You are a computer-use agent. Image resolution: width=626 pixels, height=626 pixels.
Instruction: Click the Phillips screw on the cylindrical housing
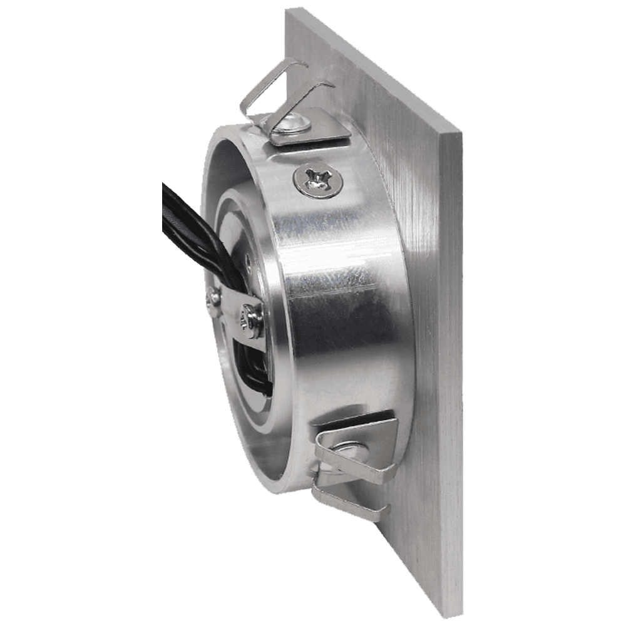pos(317,180)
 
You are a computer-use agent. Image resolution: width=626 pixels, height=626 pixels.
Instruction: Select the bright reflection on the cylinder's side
pos(332,263)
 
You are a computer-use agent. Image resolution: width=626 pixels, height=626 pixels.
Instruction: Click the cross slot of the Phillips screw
pos(317,180)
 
